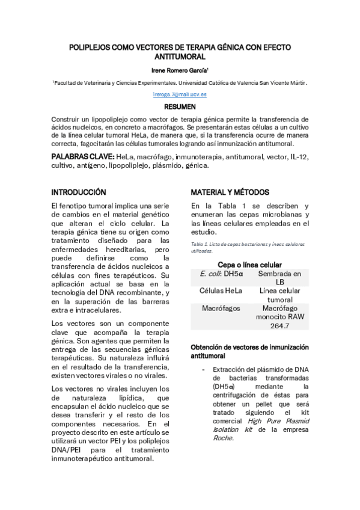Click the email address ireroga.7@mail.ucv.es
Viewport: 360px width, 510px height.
coord(180,95)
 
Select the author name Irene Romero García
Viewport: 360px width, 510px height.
coord(180,70)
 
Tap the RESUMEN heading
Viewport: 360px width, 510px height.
coord(180,106)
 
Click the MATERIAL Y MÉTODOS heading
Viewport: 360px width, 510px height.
coord(230,192)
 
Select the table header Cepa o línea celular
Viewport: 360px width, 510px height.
coord(249,264)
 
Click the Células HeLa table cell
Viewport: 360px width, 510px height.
coord(221,290)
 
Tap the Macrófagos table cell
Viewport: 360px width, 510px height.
coord(221,308)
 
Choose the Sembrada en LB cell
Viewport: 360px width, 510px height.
coord(279,277)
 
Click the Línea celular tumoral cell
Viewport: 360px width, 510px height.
coord(279,295)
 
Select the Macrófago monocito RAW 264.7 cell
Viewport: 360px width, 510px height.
coord(279,316)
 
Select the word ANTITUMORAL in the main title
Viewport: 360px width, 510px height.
coord(180,57)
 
